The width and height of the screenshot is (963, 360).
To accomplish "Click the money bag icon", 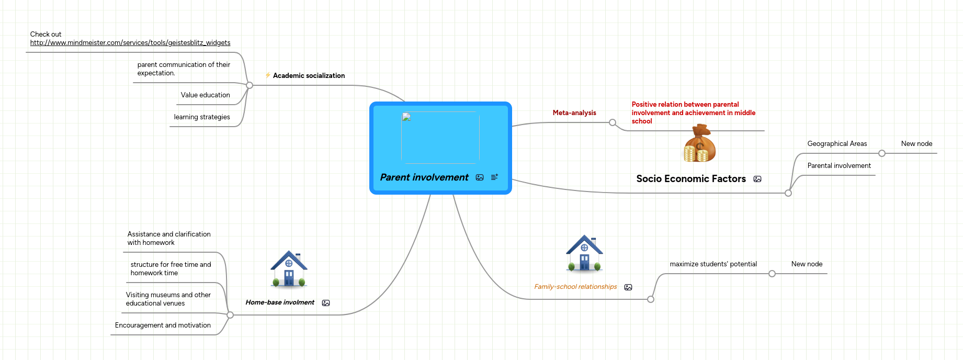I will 699,143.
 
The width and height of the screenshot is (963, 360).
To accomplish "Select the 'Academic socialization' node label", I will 309,76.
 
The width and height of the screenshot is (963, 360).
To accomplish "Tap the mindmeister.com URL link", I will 130,43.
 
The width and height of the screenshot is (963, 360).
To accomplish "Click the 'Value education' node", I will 205,95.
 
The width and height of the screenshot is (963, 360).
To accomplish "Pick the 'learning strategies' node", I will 202,117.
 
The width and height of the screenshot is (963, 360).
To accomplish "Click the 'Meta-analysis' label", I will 574,113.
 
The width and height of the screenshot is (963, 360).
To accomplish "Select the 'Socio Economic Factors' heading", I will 691,179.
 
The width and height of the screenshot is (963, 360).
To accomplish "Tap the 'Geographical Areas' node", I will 837,144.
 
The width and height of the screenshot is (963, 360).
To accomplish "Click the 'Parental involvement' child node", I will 839,166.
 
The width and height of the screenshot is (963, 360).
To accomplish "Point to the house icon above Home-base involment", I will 289,269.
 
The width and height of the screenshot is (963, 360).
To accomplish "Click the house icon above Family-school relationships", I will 584,253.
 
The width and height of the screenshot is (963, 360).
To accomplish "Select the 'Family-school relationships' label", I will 575,287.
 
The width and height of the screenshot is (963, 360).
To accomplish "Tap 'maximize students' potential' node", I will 713,264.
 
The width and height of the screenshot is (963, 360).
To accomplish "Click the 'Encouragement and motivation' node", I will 163,325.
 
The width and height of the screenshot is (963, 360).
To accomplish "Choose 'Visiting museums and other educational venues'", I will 168,299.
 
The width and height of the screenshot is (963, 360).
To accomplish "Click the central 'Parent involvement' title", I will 424,177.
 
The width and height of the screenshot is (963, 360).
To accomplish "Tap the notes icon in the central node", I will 494,177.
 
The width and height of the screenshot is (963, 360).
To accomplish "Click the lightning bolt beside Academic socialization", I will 268,75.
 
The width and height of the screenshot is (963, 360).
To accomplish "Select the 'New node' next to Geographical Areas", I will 916,144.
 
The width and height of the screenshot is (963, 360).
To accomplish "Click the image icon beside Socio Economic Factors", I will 757,179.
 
